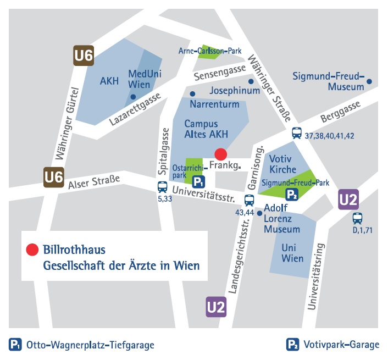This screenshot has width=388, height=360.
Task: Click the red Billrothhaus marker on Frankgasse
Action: click(x=220, y=154)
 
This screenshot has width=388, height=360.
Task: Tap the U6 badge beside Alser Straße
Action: click(x=54, y=177)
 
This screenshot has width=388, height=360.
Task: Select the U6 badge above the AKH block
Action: click(x=84, y=55)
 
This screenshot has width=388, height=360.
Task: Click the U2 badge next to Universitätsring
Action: click(x=348, y=200)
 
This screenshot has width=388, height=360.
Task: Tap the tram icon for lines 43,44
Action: click(x=249, y=200)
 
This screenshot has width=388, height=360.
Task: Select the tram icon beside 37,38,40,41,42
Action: click(x=297, y=132)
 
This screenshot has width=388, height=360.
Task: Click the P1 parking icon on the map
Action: click(x=198, y=181)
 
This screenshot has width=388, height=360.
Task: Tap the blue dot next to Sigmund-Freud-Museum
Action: click(x=369, y=82)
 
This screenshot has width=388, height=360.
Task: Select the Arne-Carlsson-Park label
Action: click(x=210, y=51)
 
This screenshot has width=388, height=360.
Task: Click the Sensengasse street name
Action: click(x=219, y=71)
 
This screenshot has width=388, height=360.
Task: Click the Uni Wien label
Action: click(x=292, y=253)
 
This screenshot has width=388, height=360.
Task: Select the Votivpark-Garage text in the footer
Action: click(x=340, y=345)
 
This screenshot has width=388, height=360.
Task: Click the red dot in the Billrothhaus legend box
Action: click(x=32, y=250)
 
